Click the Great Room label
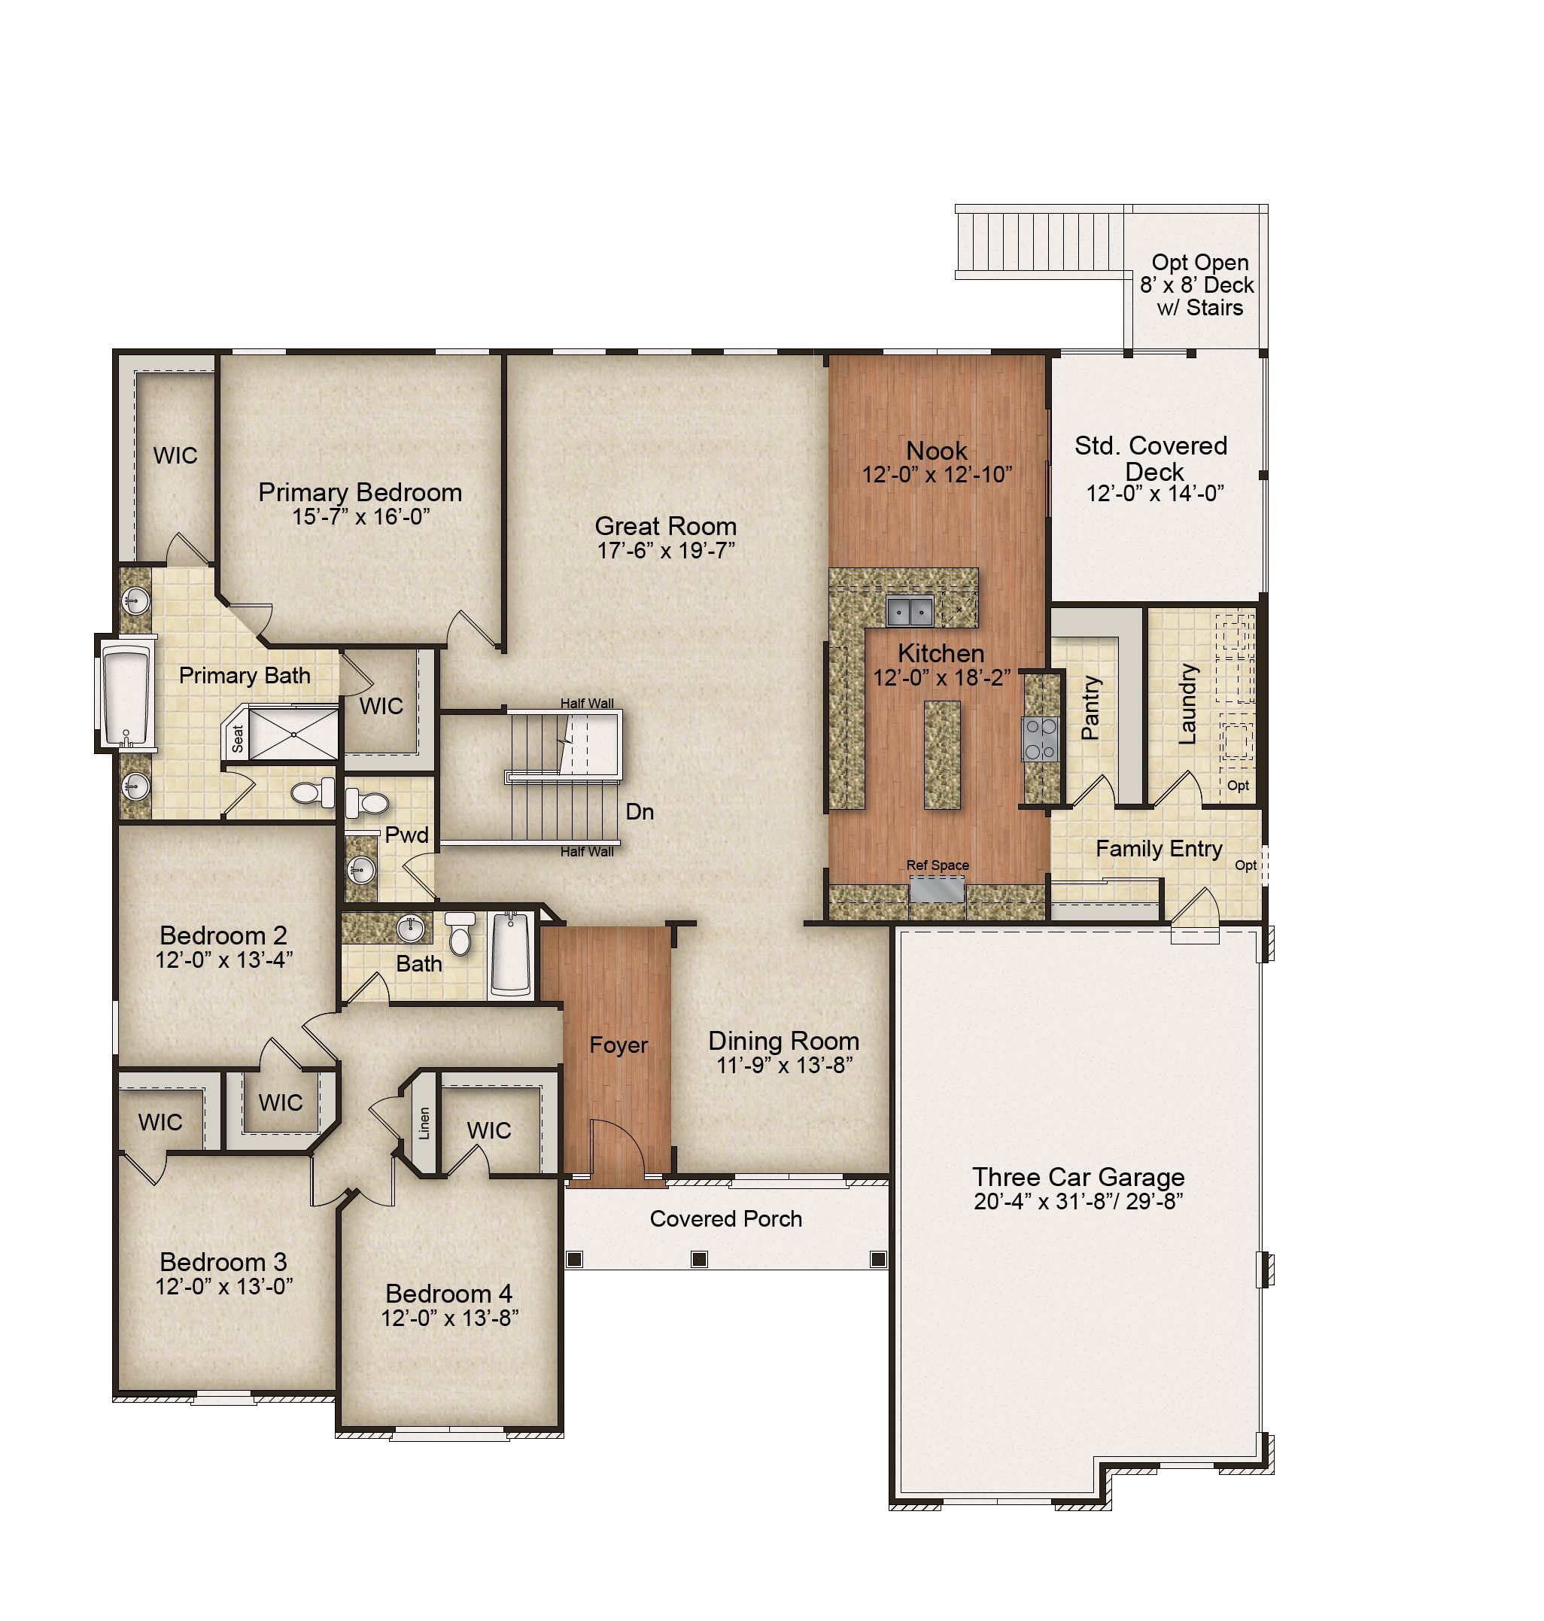[665, 526]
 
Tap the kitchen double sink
[909, 611]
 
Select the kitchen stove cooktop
[1041, 738]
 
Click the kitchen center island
[942, 754]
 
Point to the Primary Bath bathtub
[126, 694]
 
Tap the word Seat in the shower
[238, 738]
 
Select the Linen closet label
[424, 1122]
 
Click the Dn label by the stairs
[640, 812]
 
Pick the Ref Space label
[938, 865]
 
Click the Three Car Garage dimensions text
[1078, 1201]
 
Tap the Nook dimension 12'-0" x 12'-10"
[937, 474]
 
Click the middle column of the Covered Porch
[700, 1259]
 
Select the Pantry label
[1090, 707]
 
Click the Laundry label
[1187, 704]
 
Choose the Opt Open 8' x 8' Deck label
[1198, 285]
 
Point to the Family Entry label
[1159, 848]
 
